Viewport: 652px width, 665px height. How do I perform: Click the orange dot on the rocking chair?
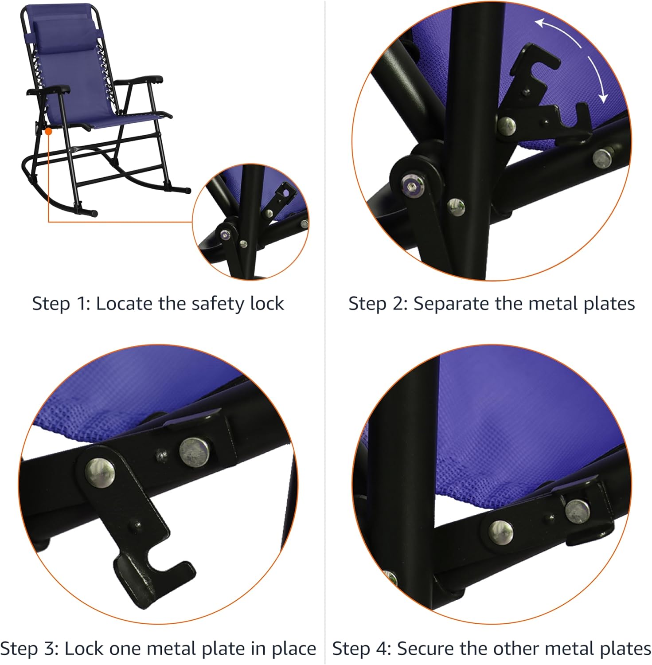click(48, 131)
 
